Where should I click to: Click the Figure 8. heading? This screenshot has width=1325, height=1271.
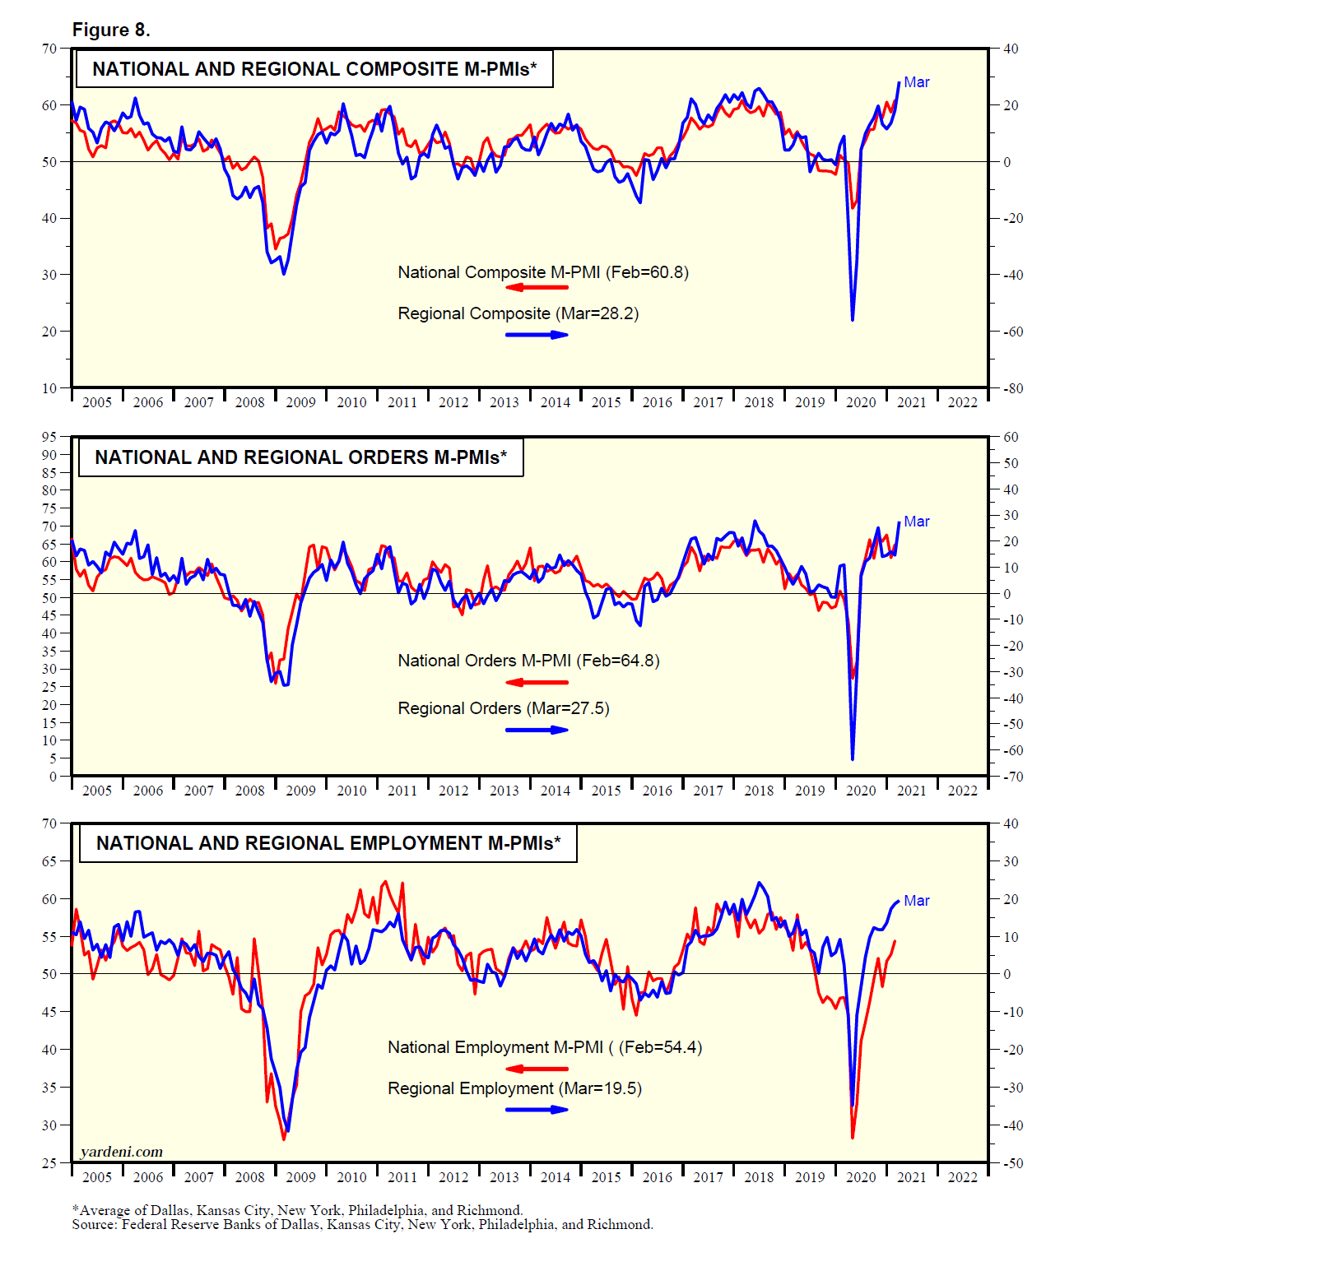tap(111, 30)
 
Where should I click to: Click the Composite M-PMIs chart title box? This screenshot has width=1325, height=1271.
tap(314, 69)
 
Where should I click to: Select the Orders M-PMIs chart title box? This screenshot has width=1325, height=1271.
tap(300, 457)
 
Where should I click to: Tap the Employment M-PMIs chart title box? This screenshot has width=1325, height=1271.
tap(328, 843)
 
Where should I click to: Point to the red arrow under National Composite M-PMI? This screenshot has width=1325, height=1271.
tap(537, 287)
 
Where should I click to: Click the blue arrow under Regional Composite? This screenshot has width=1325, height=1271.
tap(537, 335)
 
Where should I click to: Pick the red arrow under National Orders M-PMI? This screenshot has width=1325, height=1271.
tap(537, 682)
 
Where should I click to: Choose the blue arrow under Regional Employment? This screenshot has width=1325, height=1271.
tap(537, 1109)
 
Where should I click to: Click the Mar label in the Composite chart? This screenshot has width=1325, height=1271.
tap(916, 82)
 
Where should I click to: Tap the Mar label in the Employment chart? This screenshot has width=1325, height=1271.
tap(916, 901)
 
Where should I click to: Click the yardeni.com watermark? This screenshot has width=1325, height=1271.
tap(122, 1152)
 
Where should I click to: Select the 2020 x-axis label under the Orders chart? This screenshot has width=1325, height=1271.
tap(861, 791)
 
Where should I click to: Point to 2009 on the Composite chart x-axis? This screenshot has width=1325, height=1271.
tap(300, 402)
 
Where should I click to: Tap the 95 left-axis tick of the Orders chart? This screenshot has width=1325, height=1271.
tap(49, 437)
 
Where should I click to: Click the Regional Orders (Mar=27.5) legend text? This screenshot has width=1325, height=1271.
tap(504, 708)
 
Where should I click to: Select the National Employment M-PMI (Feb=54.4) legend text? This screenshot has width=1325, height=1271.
tap(545, 1047)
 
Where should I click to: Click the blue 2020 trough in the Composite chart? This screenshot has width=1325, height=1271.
tap(853, 318)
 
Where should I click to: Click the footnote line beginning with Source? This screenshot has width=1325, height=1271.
tap(362, 1224)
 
